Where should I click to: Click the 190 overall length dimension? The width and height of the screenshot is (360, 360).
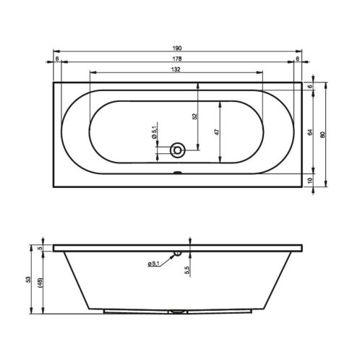177,48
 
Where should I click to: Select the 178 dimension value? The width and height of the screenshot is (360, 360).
177,59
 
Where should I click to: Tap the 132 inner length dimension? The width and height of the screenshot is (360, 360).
176,69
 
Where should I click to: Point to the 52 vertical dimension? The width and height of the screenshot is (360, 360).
195,116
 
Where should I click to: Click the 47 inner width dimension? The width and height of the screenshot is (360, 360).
217,132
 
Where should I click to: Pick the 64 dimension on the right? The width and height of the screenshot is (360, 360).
310,132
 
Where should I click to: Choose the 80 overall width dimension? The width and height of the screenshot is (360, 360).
323,134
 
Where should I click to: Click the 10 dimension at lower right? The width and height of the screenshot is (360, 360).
310,180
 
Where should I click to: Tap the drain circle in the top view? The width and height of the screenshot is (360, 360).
177,150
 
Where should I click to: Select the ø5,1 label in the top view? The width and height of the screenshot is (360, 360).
154,130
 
